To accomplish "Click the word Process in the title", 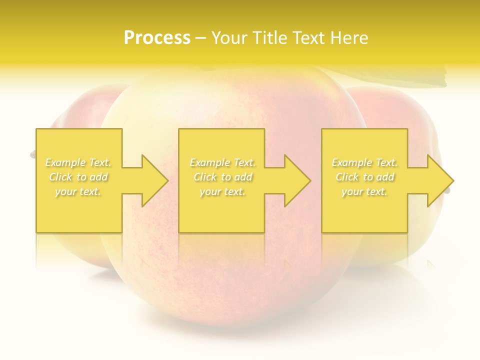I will (157, 38).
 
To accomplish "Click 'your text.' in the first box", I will (78, 191).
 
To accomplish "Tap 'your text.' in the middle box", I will (222, 191).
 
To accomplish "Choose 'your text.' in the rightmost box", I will (364, 191).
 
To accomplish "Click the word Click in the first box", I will (60, 177).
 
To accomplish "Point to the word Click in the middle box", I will (204, 177).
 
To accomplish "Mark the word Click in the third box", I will (347, 177).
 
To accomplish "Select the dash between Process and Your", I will (200, 38).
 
